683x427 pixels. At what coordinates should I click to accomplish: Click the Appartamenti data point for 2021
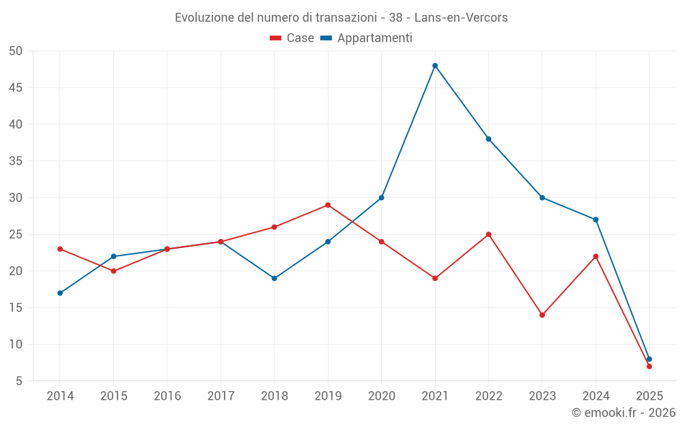point(435,66)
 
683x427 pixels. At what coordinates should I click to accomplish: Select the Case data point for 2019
point(328,205)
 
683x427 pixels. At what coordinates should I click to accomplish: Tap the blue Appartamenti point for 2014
point(60,293)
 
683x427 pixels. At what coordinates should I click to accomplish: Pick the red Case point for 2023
point(542,315)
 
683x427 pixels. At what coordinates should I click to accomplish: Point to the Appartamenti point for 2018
point(275,278)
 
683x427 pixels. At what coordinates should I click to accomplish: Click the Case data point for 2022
point(488,234)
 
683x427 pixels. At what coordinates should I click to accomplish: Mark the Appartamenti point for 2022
point(488,139)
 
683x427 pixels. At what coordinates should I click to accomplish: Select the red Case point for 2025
point(650,366)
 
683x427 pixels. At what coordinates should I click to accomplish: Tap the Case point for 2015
point(113,271)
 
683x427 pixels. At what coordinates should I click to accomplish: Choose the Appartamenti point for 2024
point(596,219)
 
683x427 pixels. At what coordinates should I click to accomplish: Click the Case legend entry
point(292,38)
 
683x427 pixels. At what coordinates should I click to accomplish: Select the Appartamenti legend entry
point(367,38)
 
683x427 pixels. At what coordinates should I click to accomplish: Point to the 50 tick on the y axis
point(16,51)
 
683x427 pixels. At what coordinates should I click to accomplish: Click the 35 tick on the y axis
point(16,161)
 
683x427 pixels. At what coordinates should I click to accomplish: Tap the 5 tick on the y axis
point(19,381)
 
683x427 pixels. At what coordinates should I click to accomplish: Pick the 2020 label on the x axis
point(381,396)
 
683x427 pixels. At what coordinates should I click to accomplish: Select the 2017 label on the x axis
point(221,396)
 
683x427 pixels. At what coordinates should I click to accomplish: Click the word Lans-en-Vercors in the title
point(461,18)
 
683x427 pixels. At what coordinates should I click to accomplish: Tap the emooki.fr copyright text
point(623,413)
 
